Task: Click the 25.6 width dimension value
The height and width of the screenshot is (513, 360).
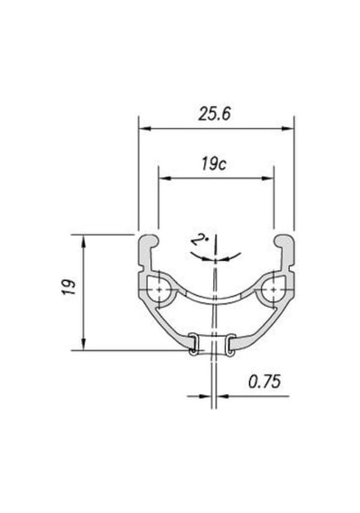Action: coord(214,114)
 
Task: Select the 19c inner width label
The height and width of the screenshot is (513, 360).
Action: coord(214,164)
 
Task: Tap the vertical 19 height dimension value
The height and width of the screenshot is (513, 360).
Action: coord(68,287)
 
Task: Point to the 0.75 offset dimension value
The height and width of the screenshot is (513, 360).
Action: coord(265,382)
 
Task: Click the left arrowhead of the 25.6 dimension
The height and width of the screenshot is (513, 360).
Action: coord(145,129)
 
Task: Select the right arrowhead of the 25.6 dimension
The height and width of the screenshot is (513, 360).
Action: coord(288,129)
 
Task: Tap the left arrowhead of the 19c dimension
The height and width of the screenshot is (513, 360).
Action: coord(165,178)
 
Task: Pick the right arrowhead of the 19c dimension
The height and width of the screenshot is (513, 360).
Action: coord(267,178)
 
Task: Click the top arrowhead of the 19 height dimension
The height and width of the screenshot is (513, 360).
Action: coord(84,241)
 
